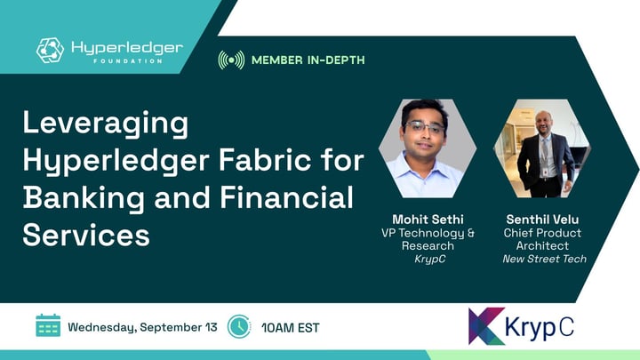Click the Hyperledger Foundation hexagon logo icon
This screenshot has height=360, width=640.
(50, 50)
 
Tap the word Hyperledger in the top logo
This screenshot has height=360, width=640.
(127, 49)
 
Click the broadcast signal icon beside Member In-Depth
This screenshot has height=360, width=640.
(231, 60)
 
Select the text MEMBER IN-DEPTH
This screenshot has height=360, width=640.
(308, 60)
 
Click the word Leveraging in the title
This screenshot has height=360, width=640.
(106, 124)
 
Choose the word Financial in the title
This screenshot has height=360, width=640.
(286, 197)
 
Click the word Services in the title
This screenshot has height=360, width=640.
(86, 235)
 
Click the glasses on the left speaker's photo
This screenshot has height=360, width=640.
(425, 128)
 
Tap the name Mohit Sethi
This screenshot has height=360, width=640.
(428, 220)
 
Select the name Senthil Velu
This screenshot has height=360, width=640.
(542, 220)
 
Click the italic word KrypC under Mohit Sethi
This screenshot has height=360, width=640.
(429, 260)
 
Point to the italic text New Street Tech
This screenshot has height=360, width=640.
(545, 259)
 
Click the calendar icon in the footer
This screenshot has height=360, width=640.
(48, 325)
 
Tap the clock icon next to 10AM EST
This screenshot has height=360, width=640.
(239, 326)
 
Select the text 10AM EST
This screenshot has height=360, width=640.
(291, 328)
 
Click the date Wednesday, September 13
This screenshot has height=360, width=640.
(142, 327)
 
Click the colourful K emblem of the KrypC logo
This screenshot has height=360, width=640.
(486, 326)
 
